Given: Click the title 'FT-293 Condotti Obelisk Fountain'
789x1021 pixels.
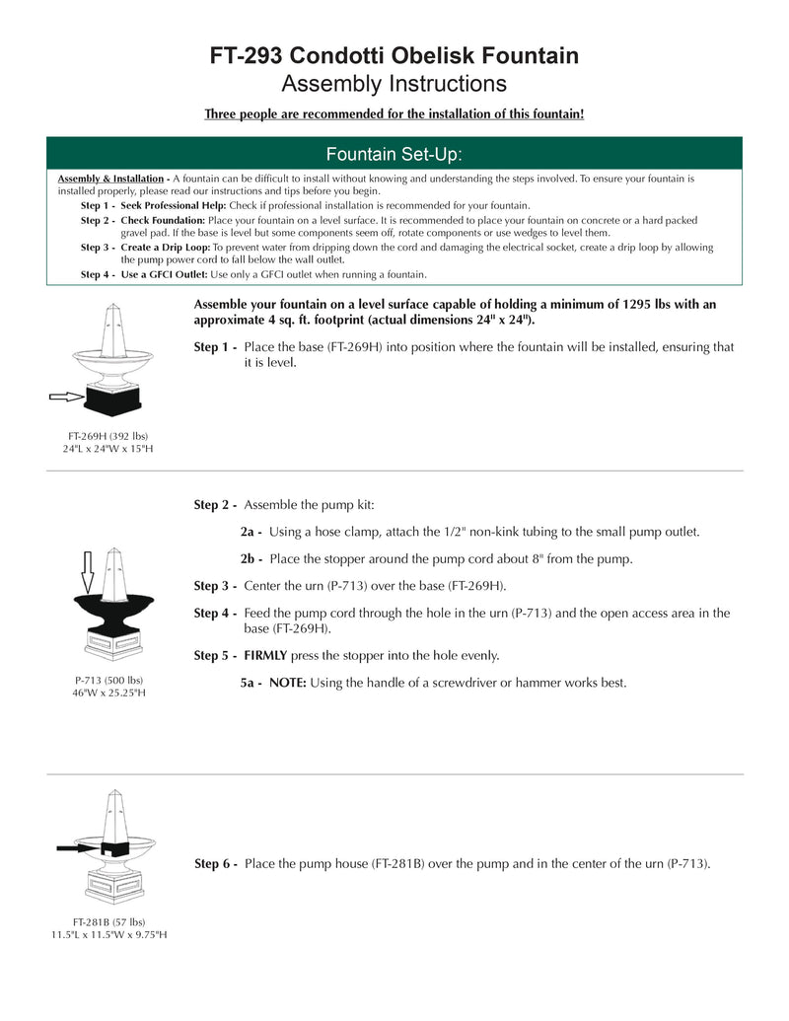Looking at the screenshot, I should click(394, 56).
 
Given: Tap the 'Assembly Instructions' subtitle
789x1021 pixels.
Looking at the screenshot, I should click(394, 84).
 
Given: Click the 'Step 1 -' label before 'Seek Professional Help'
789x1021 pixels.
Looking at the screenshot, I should click(98, 204).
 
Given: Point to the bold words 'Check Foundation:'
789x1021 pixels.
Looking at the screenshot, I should click(163, 220).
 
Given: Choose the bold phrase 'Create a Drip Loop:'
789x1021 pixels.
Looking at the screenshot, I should click(166, 248).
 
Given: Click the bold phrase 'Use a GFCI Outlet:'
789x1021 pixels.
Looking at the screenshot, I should click(165, 274).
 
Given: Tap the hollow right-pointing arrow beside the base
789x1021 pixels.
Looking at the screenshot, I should click(65, 397).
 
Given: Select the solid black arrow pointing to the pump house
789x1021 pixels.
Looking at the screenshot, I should click(76, 847).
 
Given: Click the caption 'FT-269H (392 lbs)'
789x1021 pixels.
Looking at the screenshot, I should click(108, 436).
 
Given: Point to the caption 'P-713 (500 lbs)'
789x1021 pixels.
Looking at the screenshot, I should click(109, 680).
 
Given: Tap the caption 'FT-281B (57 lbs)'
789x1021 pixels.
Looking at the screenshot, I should click(108, 922).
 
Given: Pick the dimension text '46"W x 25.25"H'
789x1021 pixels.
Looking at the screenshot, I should click(109, 693).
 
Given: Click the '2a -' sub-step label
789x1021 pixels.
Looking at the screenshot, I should click(251, 533).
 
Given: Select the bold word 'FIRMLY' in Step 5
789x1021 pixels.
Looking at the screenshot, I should click(265, 655).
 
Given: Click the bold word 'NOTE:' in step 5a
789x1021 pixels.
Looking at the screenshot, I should click(288, 683).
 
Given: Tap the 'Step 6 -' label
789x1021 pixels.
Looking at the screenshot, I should click(215, 864).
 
